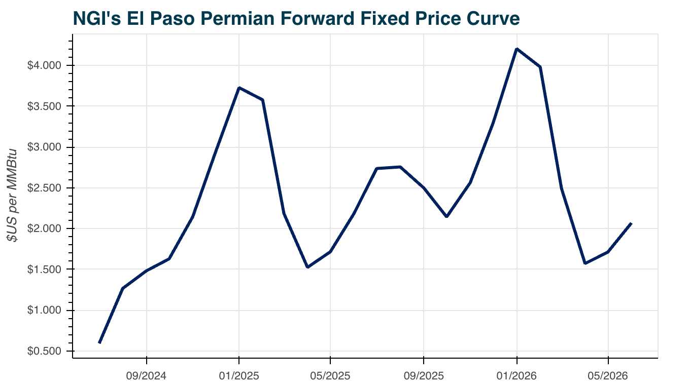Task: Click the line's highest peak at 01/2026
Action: [517, 49]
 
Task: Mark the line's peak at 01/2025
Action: [239, 88]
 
